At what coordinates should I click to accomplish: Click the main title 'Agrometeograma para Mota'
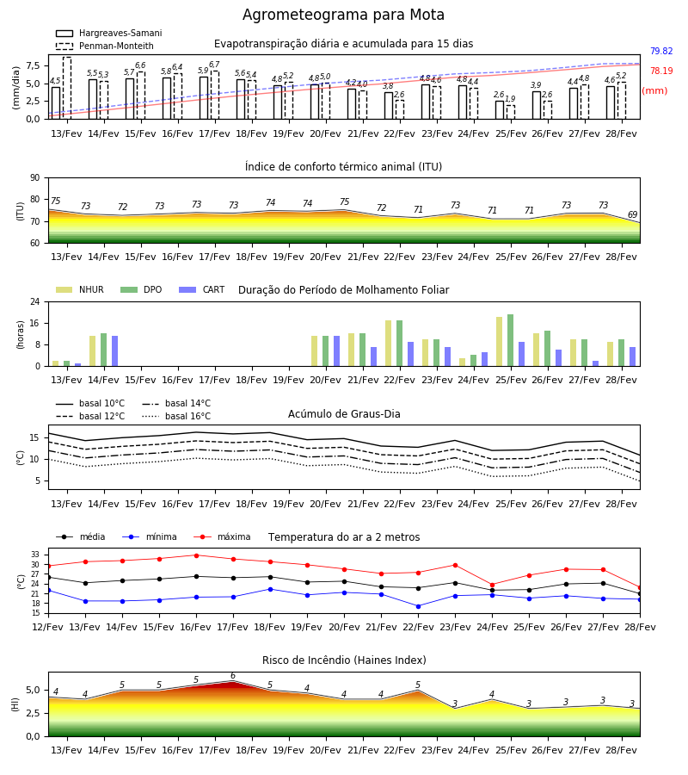click(x=343, y=15)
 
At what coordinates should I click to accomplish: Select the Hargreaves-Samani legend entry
click(x=109, y=33)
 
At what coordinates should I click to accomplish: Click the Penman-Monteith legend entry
click(x=105, y=46)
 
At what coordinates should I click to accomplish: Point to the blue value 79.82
click(x=661, y=51)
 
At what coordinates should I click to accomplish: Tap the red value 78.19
click(x=661, y=71)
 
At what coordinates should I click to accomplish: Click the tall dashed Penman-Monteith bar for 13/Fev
click(x=66, y=88)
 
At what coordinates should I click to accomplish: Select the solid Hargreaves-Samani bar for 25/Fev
click(x=500, y=109)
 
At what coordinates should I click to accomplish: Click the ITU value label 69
click(x=632, y=214)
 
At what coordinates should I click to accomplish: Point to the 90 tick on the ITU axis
click(x=35, y=178)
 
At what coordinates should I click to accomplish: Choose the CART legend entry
click(x=202, y=289)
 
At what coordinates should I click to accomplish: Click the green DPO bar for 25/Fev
click(x=510, y=340)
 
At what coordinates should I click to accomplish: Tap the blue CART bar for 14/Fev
click(x=114, y=351)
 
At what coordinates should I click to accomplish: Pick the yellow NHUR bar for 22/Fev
click(x=389, y=344)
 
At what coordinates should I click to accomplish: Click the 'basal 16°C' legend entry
click(x=176, y=416)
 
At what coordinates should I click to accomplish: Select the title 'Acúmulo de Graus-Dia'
click(x=344, y=413)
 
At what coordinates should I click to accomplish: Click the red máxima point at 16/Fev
click(x=196, y=555)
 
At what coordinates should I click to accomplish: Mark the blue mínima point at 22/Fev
click(x=419, y=606)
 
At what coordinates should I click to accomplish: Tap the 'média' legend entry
click(x=81, y=536)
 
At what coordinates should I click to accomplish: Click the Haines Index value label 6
click(x=233, y=676)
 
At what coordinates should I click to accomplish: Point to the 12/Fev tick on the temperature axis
click(x=48, y=627)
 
